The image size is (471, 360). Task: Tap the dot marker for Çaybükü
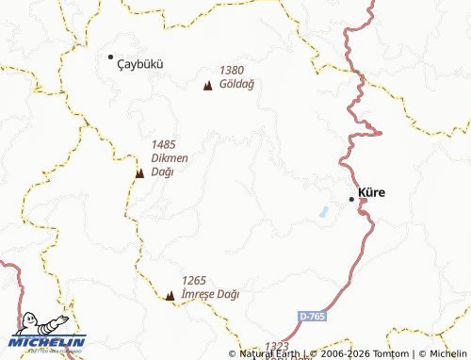click(x=110, y=57)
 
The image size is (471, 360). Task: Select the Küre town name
click(x=372, y=192)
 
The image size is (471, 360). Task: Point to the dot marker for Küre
click(x=352, y=199)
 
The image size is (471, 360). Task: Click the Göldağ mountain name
click(x=237, y=83)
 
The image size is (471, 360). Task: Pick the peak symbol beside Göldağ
click(x=207, y=87)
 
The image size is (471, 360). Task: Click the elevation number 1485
click(x=164, y=144)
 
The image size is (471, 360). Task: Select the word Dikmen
click(x=171, y=157)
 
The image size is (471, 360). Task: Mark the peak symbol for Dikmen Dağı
click(x=139, y=172)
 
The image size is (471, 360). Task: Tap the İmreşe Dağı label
click(x=210, y=294)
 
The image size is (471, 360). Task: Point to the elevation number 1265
click(x=194, y=280)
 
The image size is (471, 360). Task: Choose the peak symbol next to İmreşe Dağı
click(x=170, y=296)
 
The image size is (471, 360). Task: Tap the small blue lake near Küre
click(x=325, y=212)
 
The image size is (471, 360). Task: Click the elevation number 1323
click(x=278, y=347)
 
